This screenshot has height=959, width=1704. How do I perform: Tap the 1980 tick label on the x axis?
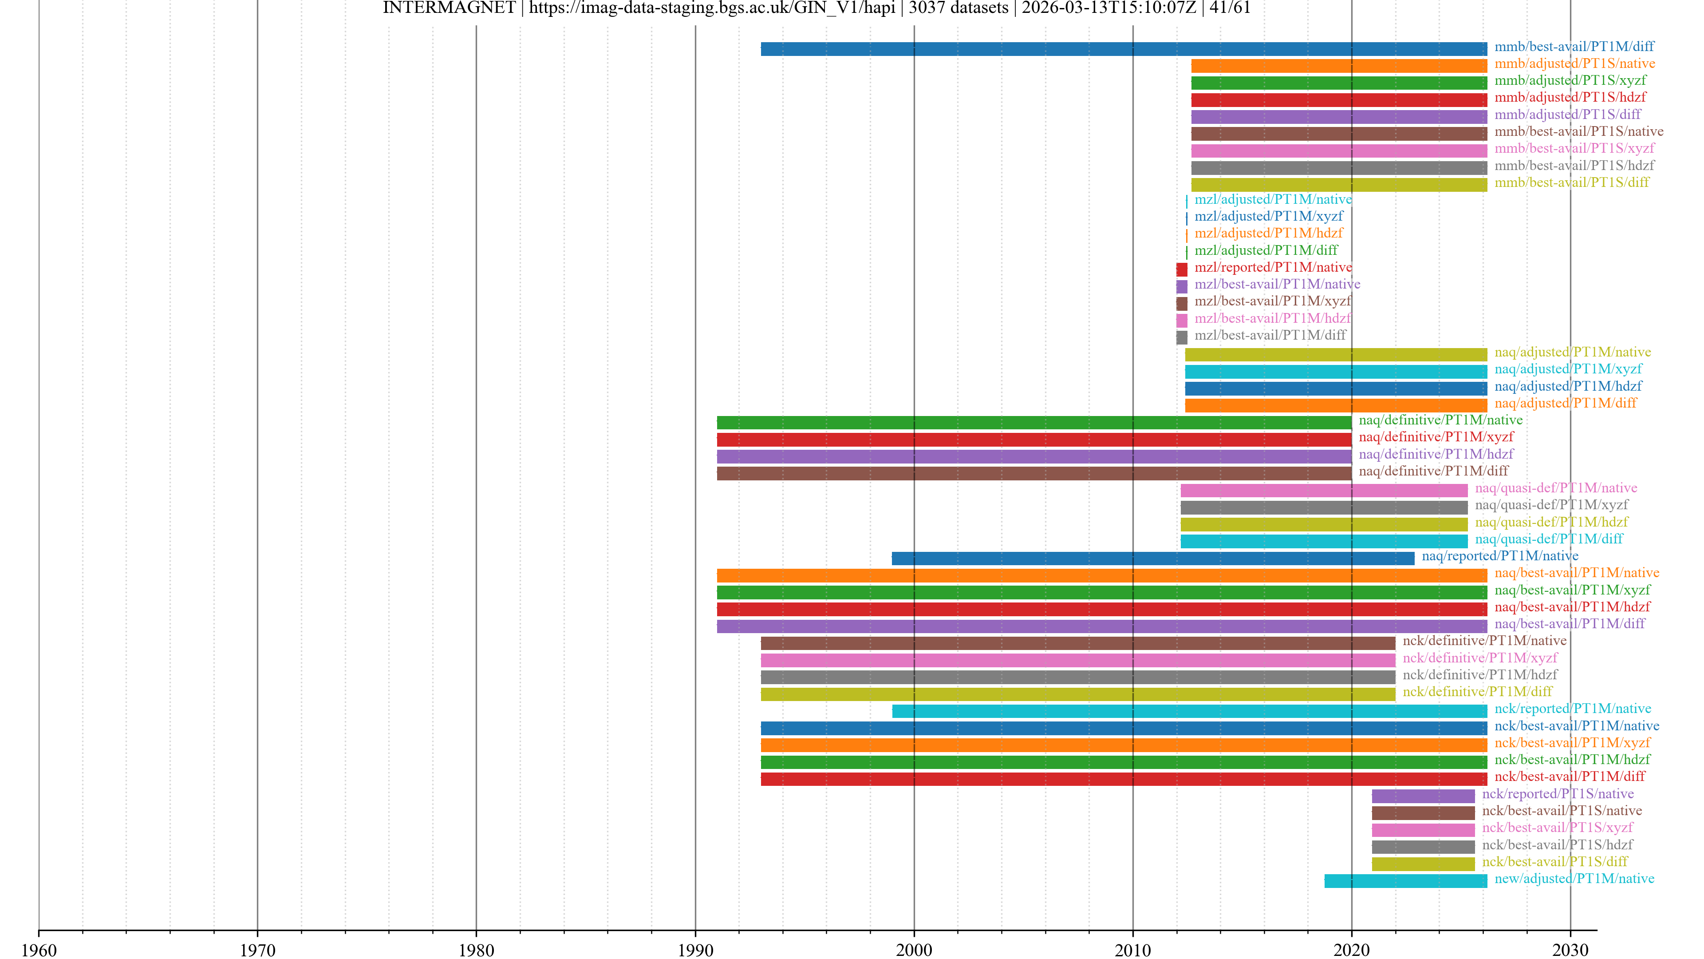point(476,950)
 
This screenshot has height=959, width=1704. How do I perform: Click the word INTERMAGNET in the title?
point(449,8)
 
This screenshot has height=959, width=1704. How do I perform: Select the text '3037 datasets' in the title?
point(958,8)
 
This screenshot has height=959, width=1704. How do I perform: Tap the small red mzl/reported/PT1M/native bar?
point(1181,269)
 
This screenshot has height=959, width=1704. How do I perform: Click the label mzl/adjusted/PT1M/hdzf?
point(1268,233)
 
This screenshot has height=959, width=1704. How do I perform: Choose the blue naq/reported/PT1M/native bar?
point(1152,558)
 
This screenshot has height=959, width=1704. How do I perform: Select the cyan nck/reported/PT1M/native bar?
point(1189,711)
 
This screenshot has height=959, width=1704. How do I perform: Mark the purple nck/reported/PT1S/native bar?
point(1423,796)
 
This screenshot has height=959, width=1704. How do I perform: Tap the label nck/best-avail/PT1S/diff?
point(1554,861)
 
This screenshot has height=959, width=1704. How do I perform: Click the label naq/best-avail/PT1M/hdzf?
point(1572,607)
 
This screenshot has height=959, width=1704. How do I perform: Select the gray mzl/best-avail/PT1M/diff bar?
point(1181,337)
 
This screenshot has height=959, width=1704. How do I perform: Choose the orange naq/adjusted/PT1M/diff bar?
point(1336,405)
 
